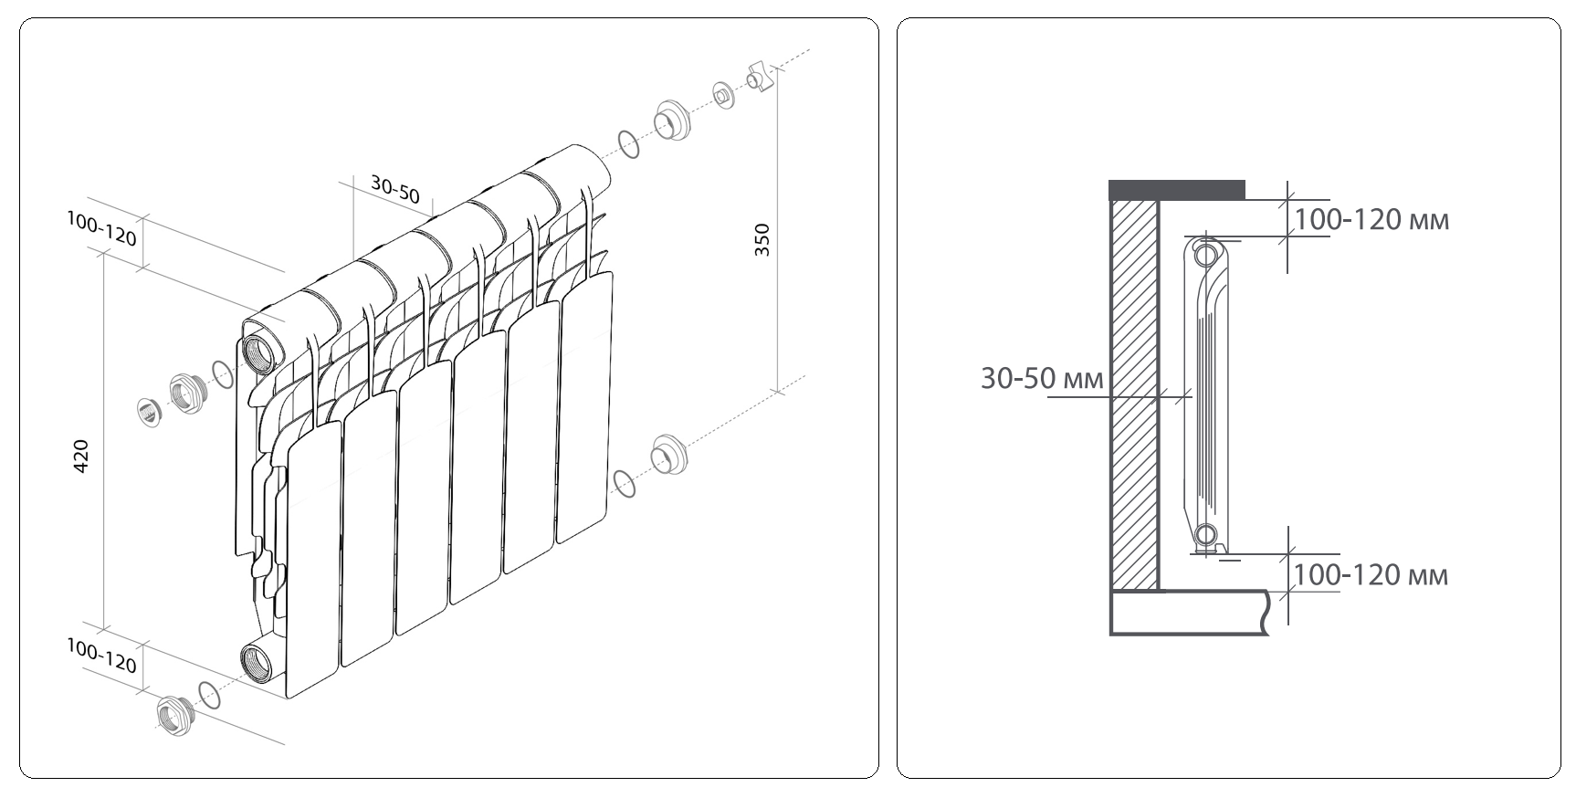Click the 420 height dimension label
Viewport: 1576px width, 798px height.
coord(80,457)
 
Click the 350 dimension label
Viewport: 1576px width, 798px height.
coord(762,239)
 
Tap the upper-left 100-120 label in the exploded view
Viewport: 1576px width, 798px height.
coord(101,229)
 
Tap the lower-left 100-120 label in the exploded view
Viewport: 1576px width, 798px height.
coord(101,656)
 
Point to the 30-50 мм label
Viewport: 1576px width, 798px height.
coord(1042,378)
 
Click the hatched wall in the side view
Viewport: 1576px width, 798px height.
coord(1133,394)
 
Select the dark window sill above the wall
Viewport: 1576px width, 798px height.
coord(1177,190)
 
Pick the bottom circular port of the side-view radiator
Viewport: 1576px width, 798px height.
coord(1205,535)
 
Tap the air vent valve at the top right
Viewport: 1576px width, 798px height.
coord(760,76)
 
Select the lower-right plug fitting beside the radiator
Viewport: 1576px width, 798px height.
coord(668,455)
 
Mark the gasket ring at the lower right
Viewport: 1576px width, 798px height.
coord(625,483)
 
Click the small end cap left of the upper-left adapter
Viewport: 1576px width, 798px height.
coord(149,411)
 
